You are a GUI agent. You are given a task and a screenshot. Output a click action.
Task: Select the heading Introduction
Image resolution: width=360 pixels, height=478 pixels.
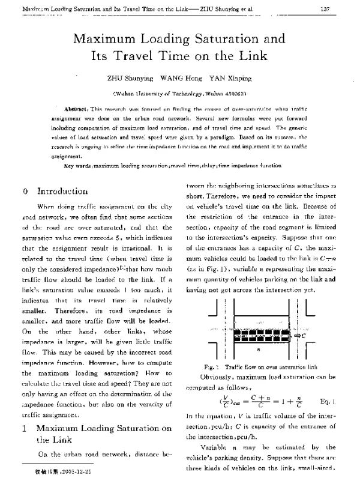62,192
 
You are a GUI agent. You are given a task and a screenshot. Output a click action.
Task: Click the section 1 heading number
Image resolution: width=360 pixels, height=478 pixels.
23,428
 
